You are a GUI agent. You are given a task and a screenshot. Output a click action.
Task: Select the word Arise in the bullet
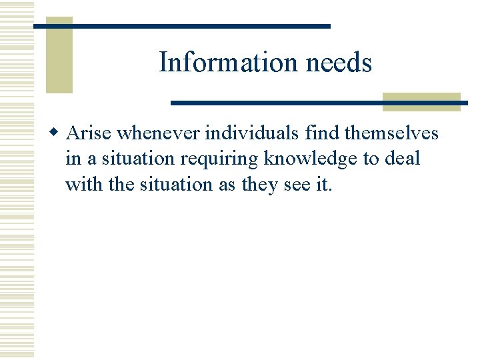pyautogui.click(x=90, y=133)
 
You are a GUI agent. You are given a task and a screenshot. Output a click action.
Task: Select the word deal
pyautogui.click(x=402, y=159)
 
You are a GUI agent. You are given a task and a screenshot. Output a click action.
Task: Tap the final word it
pyautogui.click(x=323, y=185)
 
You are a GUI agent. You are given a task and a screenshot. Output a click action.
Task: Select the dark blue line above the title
pyautogui.click(x=181, y=26)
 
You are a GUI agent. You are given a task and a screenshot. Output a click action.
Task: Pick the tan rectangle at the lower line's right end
pyautogui.click(x=421, y=102)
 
